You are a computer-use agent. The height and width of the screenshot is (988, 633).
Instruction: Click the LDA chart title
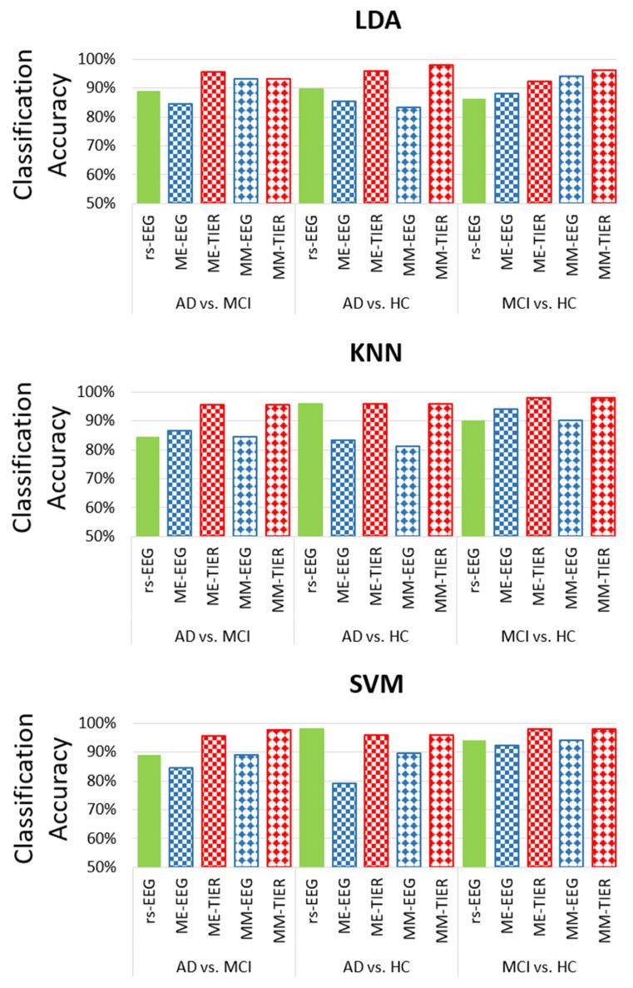(x=378, y=21)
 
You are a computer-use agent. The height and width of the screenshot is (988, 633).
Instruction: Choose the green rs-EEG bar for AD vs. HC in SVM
(x=310, y=798)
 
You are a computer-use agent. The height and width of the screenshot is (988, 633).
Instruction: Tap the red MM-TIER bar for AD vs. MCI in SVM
(x=278, y=799)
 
